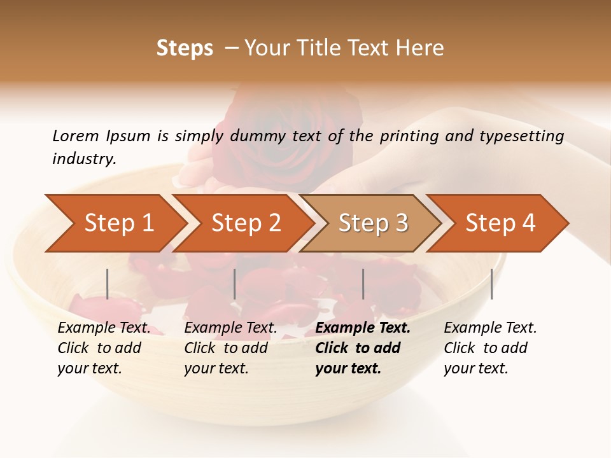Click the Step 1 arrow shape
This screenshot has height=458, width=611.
point(118,223)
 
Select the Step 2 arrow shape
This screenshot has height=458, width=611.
point(245,223)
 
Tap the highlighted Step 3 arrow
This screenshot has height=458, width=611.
point(372,223)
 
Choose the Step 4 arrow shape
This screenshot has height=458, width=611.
point(500,223)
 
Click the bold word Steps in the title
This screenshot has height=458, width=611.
point(185,48)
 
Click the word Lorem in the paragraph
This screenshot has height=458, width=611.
point(75,135)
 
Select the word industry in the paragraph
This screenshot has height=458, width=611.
point(83,159)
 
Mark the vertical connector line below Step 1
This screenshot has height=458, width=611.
point(108,284)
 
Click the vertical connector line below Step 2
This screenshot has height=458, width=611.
point(235,284)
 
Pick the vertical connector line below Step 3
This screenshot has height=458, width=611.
point(363,284)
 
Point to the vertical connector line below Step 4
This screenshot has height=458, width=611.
point(491,284)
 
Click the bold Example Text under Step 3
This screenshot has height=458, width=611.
point(363,328)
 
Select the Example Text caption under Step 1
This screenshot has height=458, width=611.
point(104,328)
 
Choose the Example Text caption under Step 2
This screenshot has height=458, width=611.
point(230,328)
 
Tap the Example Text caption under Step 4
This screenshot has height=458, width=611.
point(490,328)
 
